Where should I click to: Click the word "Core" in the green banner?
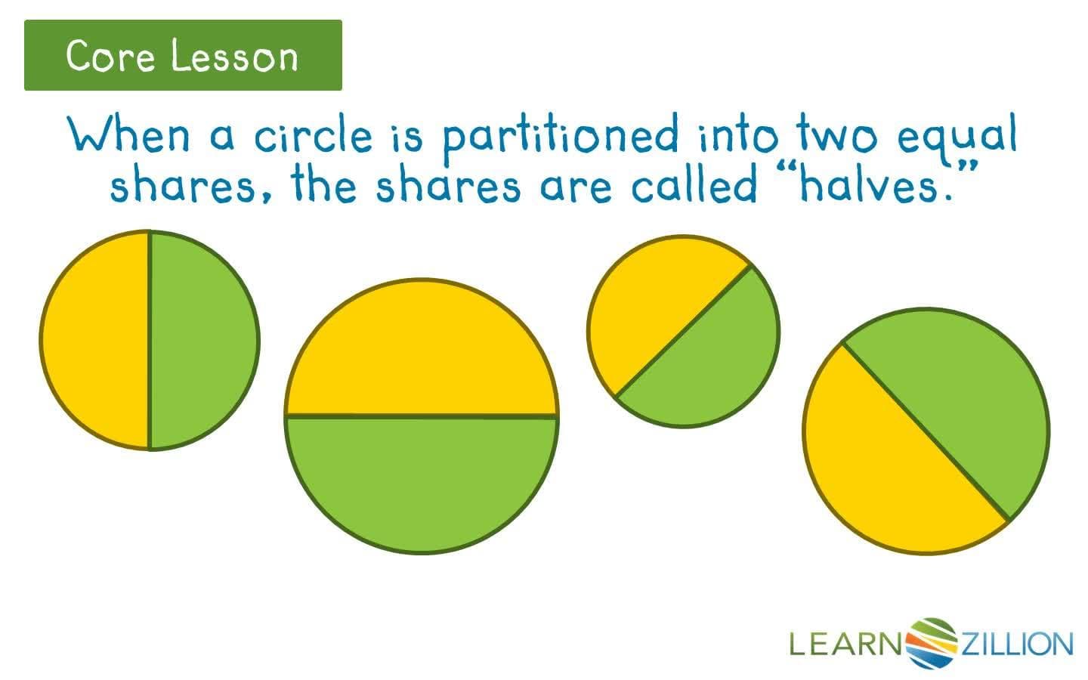tap(110, 56)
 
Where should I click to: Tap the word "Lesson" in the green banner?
tap(234, 56)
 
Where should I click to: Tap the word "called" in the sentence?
tap(694, 186)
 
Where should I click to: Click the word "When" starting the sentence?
tap(128, 136)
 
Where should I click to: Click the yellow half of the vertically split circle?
tap(94, 340)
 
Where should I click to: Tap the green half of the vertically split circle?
tap(202, 340)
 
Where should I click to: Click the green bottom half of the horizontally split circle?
tap(422, 480)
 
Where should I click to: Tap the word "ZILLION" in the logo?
tap(1016, 644)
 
